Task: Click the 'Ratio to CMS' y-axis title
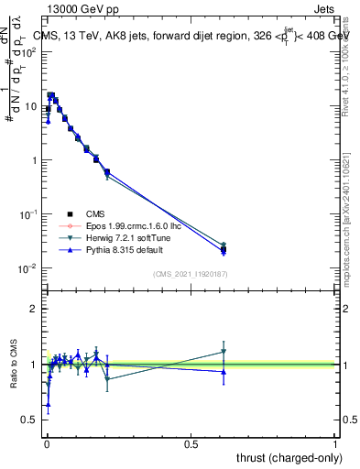[x=13, y=364]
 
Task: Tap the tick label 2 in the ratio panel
[x=35, y=309]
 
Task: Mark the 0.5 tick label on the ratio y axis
[x=32, y=420]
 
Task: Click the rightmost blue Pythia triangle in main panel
[x=224, y=251]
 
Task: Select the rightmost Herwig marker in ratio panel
[x=224, y=352]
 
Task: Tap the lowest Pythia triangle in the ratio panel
[x=48, y=404]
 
